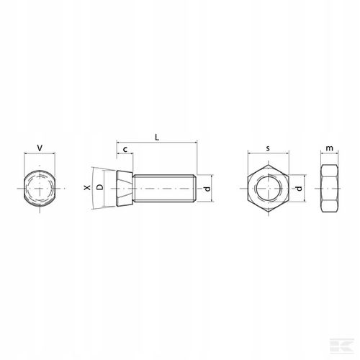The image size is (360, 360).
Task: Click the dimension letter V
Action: pos(40,148)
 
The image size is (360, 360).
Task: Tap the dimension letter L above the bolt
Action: pos(157,138)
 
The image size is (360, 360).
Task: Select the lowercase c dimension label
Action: pos(125,150)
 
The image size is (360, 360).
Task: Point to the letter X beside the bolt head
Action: pos(87,187)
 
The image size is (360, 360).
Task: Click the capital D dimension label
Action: pos(100,187)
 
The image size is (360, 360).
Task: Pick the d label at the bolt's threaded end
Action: pos(207,189)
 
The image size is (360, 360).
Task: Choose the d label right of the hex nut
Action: pos(299,189)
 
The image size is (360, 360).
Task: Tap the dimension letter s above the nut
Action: pos(268,148)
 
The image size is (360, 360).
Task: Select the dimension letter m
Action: pos(330,148)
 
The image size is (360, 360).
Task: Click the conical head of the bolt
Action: pos(125,189)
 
